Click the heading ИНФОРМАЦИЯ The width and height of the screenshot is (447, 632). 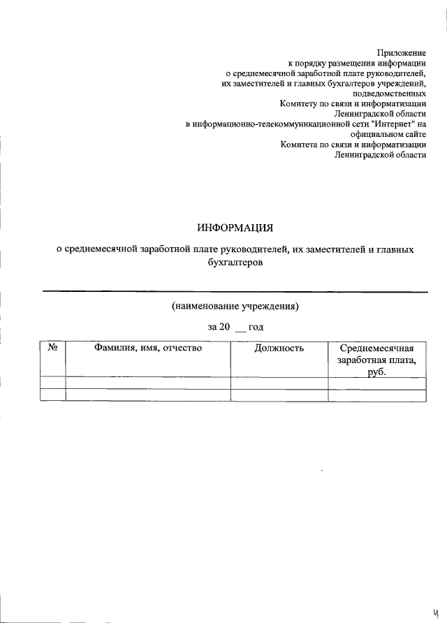pyautogui.click(x=235, y=228)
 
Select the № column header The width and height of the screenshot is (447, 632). pyautogui.click(x=52, y=347)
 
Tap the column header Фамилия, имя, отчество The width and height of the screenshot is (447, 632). pyautogui.click(x=148, y=347)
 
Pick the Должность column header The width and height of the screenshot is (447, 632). pyautogui.click(x=279, y=347)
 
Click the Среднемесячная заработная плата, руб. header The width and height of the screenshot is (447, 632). pyautogui.click(x=376, y=360)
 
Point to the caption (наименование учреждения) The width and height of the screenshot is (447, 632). pyautogui.click(x=235, y=306)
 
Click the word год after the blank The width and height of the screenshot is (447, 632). pyautogui.click(x=256, y=327)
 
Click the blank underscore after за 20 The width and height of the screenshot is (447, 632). pyautogui.click(x=240, y=328)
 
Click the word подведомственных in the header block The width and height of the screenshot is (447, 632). pyautogui.click(x=390, y=94)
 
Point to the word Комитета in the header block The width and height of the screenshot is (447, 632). pyautogui.click(x=300, y=145)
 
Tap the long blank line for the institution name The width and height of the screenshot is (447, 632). pyautogui.click(x=235, y=291)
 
